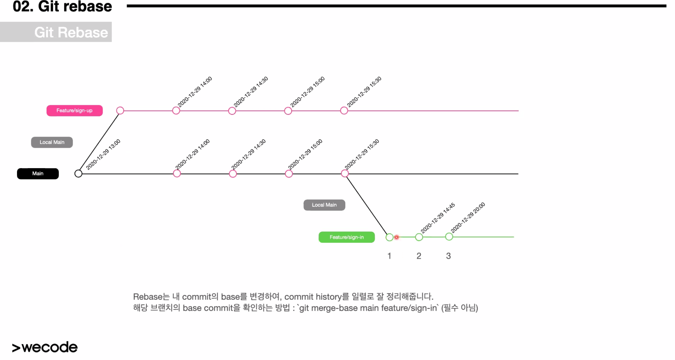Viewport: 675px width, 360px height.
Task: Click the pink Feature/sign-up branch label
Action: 74,111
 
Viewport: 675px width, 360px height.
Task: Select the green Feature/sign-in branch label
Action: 346,237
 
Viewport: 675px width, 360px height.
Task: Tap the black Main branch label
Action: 38,174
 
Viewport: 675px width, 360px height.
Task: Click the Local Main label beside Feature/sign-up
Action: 52,142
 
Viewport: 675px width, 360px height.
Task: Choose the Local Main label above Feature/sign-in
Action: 324,205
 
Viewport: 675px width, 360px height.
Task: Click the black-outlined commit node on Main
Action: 78,174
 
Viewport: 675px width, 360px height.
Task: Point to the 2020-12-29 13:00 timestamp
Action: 103,155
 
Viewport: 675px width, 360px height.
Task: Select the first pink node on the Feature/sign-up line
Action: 120,111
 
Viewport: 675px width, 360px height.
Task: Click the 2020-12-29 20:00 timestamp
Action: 468,217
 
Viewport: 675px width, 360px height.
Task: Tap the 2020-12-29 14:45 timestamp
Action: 438,218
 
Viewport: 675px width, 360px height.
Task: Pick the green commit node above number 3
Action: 449,237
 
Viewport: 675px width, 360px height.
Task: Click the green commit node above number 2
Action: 419,237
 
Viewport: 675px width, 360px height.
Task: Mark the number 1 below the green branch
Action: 389,256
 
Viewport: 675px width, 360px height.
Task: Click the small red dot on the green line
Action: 397,237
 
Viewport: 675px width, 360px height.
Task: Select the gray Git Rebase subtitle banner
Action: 56,32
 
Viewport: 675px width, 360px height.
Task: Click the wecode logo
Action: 45,347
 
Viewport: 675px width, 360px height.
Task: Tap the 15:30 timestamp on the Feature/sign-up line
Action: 364,92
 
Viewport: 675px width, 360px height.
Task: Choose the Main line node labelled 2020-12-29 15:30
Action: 345,174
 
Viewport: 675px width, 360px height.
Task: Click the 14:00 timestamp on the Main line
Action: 193,154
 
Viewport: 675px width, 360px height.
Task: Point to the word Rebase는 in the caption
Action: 151,297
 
